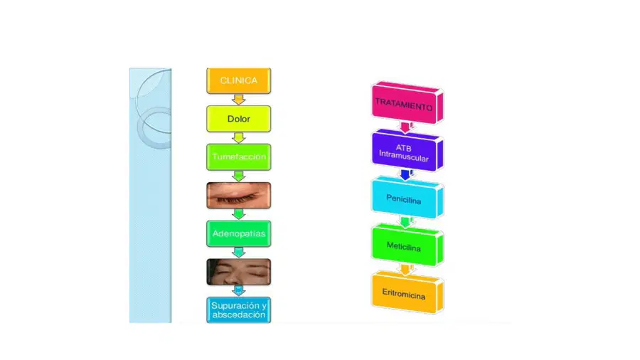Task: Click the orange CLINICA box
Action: [x=239, y=81]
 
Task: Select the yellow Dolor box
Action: [x=239, y=119]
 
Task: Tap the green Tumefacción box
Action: [x=239, y=157]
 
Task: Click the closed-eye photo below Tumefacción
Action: [x=239, y=195]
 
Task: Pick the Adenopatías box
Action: [x=239, y=233]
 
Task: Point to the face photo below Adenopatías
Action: [x=239, y=272]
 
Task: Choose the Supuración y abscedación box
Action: [x=239, y=310]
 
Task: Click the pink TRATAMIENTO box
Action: [x=407, y=103]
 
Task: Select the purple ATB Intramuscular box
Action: [x=407, y=150]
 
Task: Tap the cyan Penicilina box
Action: [x=407, y=198]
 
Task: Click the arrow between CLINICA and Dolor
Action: [x=239, y=100]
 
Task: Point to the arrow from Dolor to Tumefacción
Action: [x=239, y=137]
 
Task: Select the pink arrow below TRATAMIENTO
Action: [x=406, y=127]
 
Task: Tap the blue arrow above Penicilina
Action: [x=406, y=175]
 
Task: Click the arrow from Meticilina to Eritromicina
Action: [x=406, y=270]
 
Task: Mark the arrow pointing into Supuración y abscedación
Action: [x=239, y=290]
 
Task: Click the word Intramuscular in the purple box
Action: [x=404, y=156]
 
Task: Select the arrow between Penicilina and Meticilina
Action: [x=406, y=222]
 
